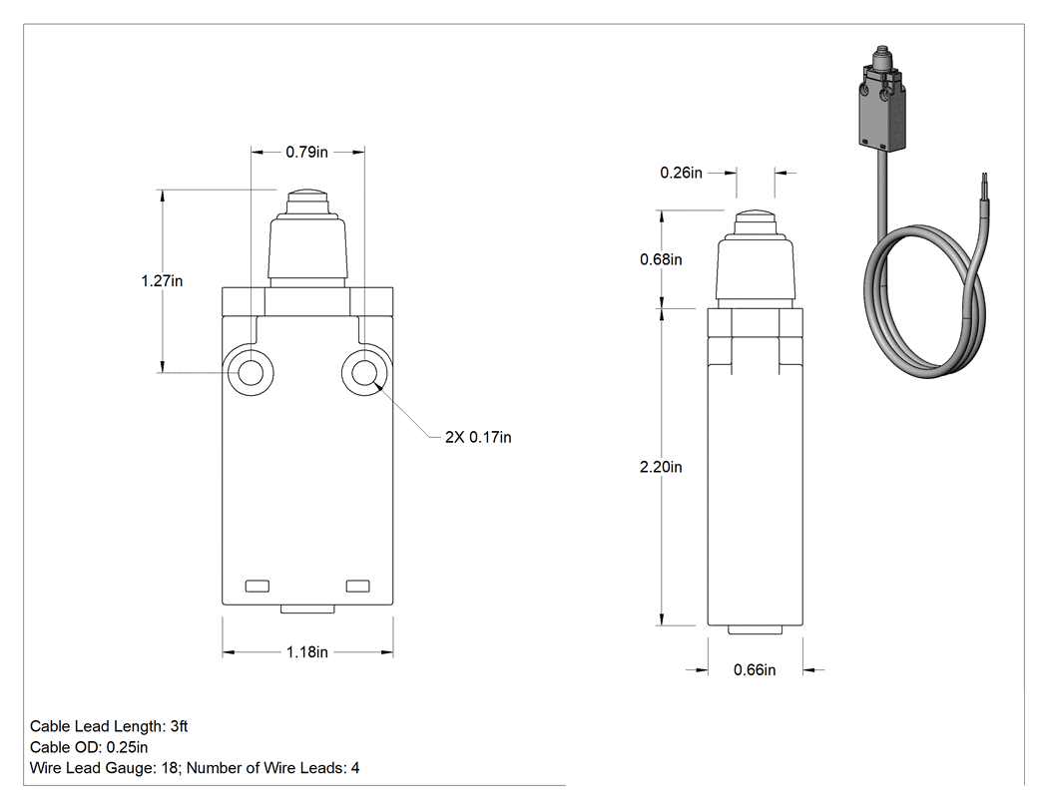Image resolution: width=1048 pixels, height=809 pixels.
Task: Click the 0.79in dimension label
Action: (x=306, y=153)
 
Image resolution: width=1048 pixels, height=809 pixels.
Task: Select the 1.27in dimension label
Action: (x=162, y=281)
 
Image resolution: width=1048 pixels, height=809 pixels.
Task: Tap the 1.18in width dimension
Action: (x=307, y=652)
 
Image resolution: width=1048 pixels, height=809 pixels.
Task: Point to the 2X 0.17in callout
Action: (x=478, y=438)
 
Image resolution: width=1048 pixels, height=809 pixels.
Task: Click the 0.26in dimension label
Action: (x=681, y=173)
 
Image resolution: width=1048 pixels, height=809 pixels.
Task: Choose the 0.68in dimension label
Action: (x=661, y=260)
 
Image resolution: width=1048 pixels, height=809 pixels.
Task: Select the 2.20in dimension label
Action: (x=661, y=467)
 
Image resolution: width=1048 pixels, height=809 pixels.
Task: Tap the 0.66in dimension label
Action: (x=755, y=670)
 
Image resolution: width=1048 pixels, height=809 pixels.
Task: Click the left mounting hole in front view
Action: (x=251, y=372)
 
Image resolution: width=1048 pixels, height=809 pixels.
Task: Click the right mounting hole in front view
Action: (x=364, y=372)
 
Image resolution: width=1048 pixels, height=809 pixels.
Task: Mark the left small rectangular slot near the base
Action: (x=258, y=586)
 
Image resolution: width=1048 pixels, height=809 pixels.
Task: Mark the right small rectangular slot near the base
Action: (x=357, y=586)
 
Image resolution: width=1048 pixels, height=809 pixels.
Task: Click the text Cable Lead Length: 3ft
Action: (x=109, y=726)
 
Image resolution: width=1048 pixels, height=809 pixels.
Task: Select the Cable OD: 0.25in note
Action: (x=89, y=747)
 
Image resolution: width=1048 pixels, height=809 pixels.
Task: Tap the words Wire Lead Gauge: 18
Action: (x=104, y=768)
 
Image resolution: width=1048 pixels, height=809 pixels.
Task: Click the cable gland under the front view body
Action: (x=307, y=609)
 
